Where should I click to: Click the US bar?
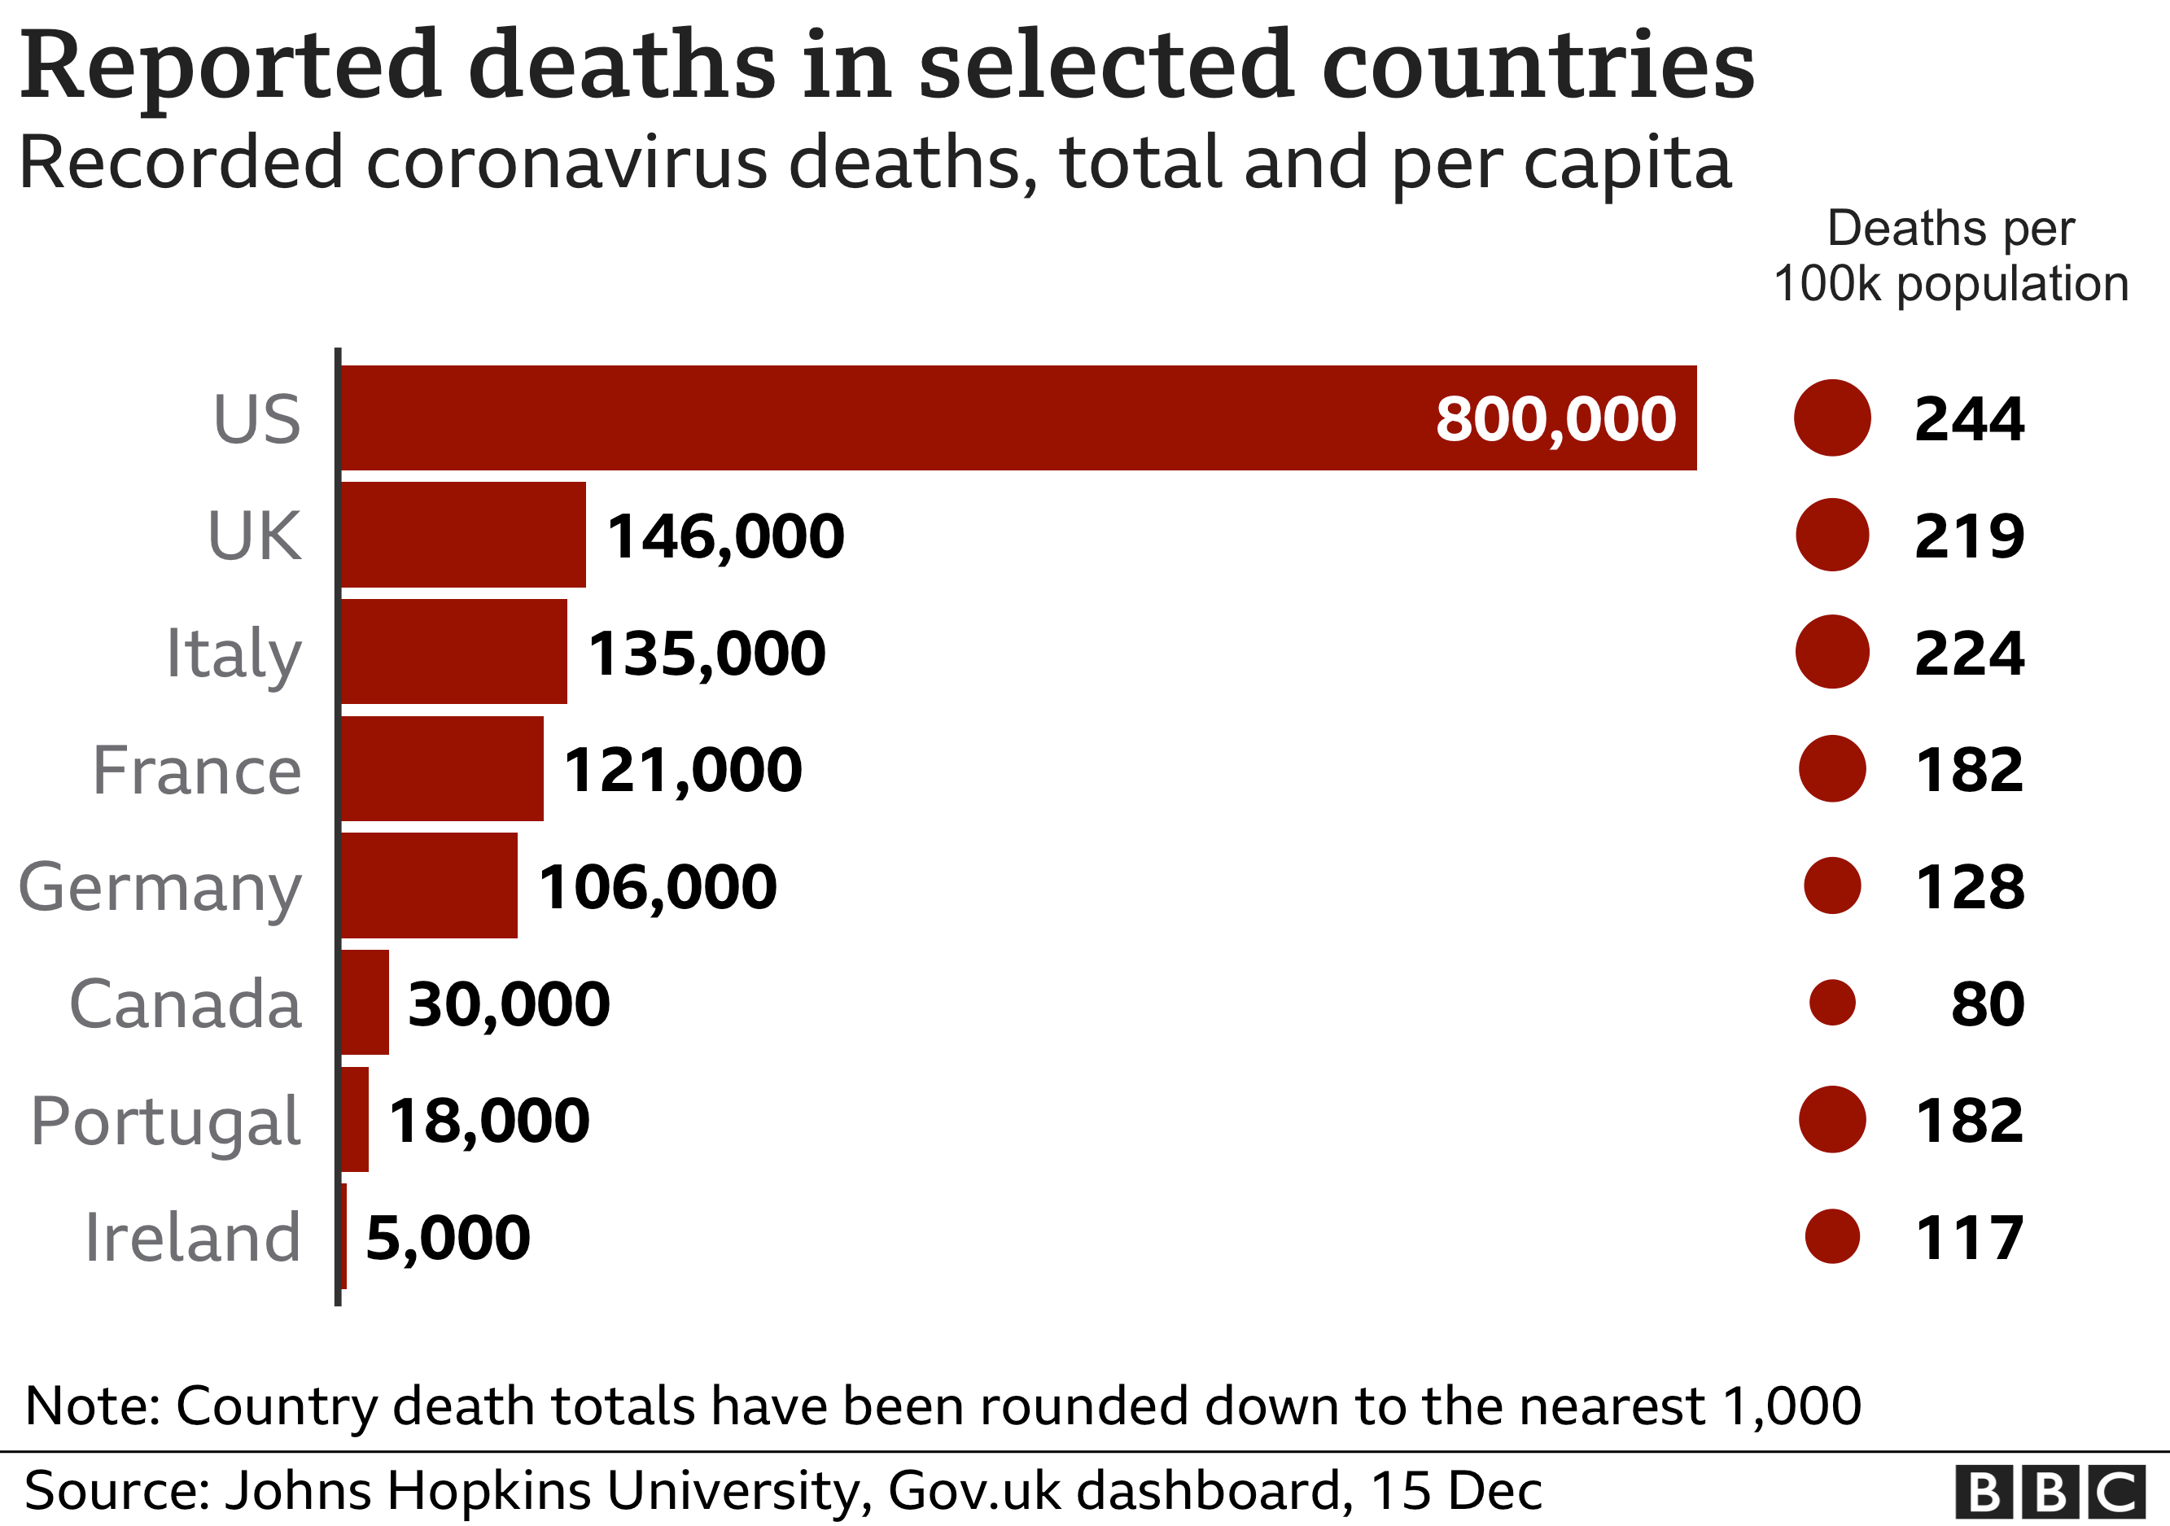click(x=945, y=418)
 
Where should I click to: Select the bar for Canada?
click(x=365, y=1002)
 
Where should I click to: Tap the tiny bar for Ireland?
click(x=344, y=1236)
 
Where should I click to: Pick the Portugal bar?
click(x=354, y=1119)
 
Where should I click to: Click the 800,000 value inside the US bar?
click(x=1555, y=418)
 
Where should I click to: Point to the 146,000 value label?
click(x=725, y=536)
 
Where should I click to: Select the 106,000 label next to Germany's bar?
click(x=657, y=887)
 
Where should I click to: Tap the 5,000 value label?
click(x=447, y=1238)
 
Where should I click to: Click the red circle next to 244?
click(x=1831, y=418)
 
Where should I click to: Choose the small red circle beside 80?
click(x=1831, y=1003)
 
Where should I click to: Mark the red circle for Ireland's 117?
click(x=1831, y=1236)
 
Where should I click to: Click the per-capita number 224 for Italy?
click(x=1969, y=653)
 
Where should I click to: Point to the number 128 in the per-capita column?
click(x=1969, y=887)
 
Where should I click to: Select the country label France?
click(x=197, y=770)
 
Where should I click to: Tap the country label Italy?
click(x=234, y=653)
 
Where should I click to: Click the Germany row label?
click(x=160, y=887)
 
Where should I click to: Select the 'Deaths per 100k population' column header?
click(x=1949, y=255)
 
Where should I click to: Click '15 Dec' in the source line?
click(x=1455, y=1491)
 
